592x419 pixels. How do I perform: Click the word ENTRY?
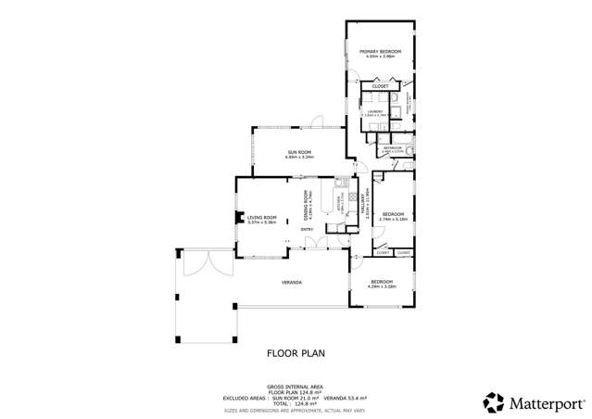click(x=307, y=228)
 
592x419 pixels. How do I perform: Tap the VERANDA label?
click(x=294, y=282)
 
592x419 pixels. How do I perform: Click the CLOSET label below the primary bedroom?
click(x=380, y=86)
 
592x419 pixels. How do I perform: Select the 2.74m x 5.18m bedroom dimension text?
click(x=394, y=219)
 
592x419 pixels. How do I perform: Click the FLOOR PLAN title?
click(x=296, y=352)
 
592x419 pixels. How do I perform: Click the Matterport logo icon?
click(x=493, y=402)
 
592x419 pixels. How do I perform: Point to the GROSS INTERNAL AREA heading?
click(x=296, y=386)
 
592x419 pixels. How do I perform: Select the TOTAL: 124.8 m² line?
click(x=296, y=403)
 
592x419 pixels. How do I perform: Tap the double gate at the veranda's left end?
click(x=198, y=262)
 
